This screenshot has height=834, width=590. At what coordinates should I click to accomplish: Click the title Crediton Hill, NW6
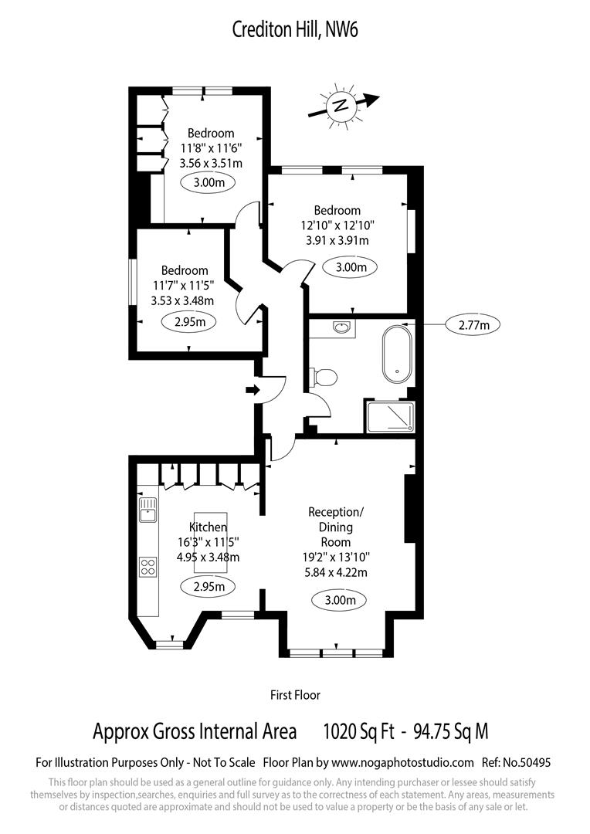[295, 30]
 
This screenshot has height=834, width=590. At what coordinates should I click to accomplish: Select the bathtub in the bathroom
[398, 354]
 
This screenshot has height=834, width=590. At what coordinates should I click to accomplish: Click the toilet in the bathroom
[324, 377]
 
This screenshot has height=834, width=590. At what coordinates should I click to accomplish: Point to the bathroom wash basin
[342, 328]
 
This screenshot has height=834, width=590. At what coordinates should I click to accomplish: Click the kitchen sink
[147, 509]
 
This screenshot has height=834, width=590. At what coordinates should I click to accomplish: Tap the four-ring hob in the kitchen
[147, 568]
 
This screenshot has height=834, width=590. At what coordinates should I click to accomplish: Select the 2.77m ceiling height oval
[474, 325]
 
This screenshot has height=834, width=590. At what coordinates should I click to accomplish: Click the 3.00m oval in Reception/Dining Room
[339, 599]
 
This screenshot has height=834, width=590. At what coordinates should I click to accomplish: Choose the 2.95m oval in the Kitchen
[209, 586]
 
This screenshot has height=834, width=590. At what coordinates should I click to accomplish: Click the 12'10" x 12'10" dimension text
[337, 225]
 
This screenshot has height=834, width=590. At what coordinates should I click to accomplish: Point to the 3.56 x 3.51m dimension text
[211, 163]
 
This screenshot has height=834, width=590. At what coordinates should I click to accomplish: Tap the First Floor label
[295, 695]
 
